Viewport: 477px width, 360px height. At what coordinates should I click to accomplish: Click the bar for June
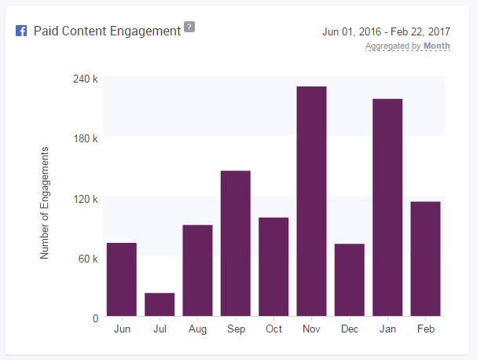click(x=122, y=280)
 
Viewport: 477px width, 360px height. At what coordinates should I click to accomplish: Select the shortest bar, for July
click(x=160, y=304)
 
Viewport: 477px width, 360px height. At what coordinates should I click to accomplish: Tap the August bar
click(x=197, y=270)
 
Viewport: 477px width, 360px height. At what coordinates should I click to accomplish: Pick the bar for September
click(x=236, y=244)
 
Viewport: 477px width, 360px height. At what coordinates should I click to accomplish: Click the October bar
click(x=273, y=267)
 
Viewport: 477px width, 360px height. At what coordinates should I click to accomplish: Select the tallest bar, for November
click(x=311, y=201)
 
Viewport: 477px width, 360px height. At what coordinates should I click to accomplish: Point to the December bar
click(x=350, y=280)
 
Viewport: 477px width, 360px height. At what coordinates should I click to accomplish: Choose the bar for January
click(x=387, y=208)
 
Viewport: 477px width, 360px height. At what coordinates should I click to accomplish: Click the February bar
click(x=425, y=259)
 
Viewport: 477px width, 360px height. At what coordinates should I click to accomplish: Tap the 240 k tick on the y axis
click(x=84, y=79)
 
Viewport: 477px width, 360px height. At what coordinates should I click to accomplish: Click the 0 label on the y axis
click(x=94, y=318)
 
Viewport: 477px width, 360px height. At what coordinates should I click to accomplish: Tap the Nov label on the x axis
click(x=311, y=329)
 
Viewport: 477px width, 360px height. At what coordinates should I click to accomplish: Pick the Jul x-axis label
click(x=160, y=329)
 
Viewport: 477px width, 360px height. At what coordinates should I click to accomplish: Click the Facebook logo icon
click(x=21, y=32)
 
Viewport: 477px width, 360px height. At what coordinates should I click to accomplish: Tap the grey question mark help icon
click(x=189, y=28)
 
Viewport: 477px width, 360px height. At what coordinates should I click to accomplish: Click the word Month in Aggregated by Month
click(x=436, y=46)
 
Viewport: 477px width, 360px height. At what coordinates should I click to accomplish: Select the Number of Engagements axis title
click(x=45, y=203)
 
